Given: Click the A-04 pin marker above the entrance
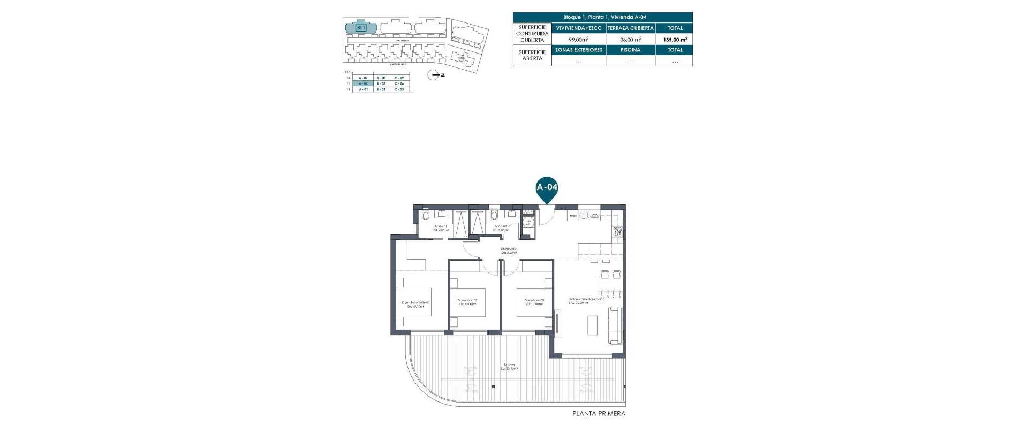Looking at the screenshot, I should coord(547,188).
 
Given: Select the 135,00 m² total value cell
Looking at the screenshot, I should coord(675,39).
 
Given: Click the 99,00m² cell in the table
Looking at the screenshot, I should coord(578,39).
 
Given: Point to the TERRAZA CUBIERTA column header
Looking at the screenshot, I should coord(630,28).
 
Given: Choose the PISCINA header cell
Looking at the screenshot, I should coord(630,50).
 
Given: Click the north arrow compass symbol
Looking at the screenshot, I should coord(434,75).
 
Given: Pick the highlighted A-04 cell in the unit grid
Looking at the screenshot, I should coord(363,83).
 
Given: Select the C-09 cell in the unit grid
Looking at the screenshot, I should coord(398,78).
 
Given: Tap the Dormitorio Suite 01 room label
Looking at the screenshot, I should coord(415,305).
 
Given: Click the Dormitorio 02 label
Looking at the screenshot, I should coord(467,302).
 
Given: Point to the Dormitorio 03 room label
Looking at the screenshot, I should coord(534,302).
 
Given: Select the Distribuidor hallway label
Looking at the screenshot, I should coord(509,250).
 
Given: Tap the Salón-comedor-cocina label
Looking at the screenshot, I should coord(587,301).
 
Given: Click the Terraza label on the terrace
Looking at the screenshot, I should coord(509,366).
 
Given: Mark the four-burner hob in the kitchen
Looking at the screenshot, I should coord(617,232).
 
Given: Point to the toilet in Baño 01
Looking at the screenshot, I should coord(425,216).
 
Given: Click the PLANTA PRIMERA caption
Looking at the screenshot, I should coord(599,413).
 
